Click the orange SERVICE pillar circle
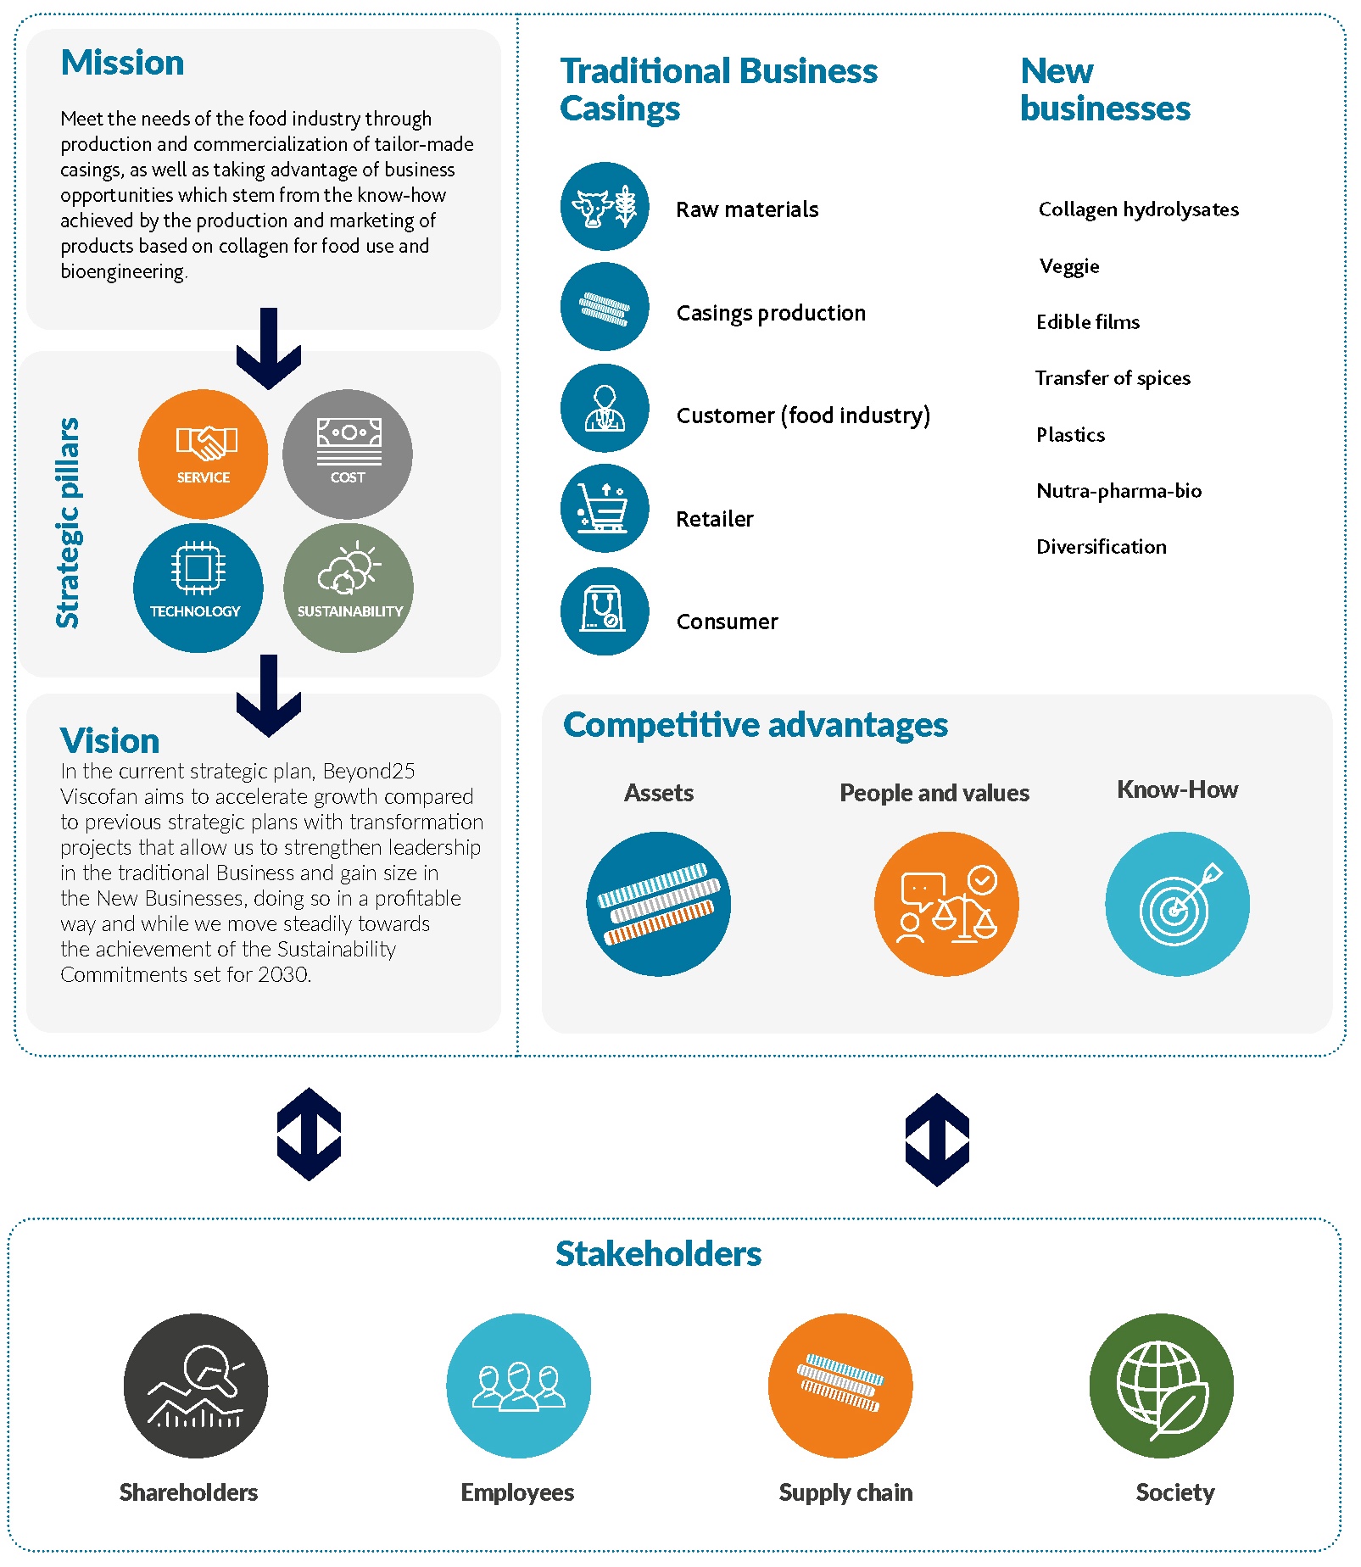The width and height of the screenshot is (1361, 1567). coord(204,454)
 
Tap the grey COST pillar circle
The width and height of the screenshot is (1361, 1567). coord(348,454)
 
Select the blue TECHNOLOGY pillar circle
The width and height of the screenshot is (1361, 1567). coord(198,588)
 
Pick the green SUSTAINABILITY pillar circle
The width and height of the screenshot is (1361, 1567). coord(349,588)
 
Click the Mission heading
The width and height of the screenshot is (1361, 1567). coord(123,63)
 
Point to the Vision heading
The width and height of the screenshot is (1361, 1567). coord(110,741)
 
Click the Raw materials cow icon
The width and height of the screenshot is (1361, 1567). coord(605,206)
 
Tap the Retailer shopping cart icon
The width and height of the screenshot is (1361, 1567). coord(605,509)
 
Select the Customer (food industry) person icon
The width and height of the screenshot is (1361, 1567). coord(605,408)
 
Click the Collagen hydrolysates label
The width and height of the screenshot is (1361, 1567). coord(1139,209)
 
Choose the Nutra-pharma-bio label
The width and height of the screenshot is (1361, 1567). coord(1119,491)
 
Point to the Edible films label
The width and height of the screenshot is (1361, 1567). coord(1088,322)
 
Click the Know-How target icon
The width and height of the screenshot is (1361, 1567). coord(1177,904)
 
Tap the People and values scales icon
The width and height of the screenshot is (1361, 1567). coord(946,904)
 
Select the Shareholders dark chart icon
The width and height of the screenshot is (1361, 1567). coord(196,1386)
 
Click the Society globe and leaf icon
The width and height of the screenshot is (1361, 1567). coord(1162,1386)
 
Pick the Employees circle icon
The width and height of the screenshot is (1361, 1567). coord(519,1386)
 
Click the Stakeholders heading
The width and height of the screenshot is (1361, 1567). coord(659,1254)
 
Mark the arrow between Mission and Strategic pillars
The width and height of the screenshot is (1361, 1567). coord(269,349)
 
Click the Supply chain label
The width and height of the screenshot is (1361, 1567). coord(846,1492)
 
